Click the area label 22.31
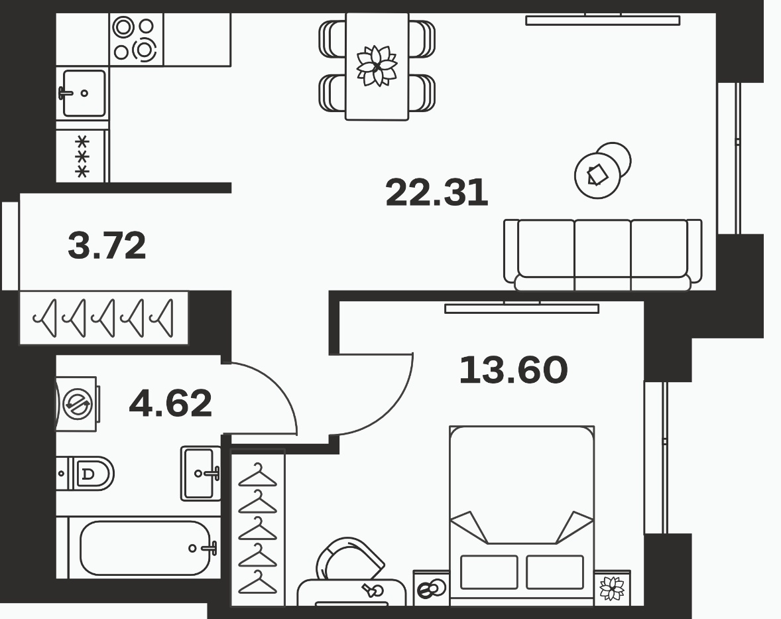[437, 193]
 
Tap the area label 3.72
[107, 245]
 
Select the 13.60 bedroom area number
[513, 370]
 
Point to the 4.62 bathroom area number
[170, 403]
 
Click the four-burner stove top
[136, 39]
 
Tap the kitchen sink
[83, 93]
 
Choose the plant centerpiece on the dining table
[377, 65]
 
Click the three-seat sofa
[603, 255]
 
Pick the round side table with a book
[598, 175]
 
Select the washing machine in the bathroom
[76, 403]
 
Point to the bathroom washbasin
[201, 474]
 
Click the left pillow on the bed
[489, 572]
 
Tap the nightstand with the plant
[612, 588]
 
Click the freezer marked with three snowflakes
[82, 157]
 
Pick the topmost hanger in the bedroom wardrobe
[257, 474]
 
